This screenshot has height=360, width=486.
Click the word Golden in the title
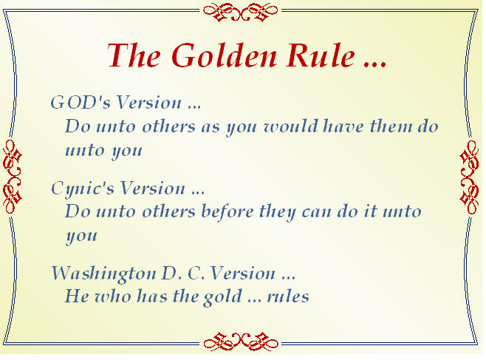click(x=224, y=55)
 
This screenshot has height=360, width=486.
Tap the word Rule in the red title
click(x=321, y=55)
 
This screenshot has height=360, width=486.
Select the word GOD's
click(x=81, y=102)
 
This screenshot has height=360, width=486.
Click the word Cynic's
click(x=83, y=189)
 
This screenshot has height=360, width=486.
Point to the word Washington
click(x=103, y=274)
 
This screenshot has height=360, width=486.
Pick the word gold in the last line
click(x=222, y=296)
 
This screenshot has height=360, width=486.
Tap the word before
click(x=227, y=211)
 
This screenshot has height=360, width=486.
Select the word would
click(x=291, y=126)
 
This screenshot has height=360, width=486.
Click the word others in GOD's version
click(x=169, y=126)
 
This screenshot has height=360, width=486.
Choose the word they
click(x=278, y=212)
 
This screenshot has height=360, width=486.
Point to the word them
click(x=391, y=126)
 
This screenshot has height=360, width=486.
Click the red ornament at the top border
click(x=241, y=12)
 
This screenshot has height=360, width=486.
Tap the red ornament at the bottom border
click(x=241, y=342)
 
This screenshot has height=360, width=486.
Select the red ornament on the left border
click(x=13, y=177)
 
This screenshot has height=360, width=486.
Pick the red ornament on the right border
click(x=469, y=177)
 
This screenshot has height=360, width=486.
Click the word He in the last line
click(x=77, y=296)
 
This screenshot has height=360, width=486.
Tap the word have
click(x=343, y=126)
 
